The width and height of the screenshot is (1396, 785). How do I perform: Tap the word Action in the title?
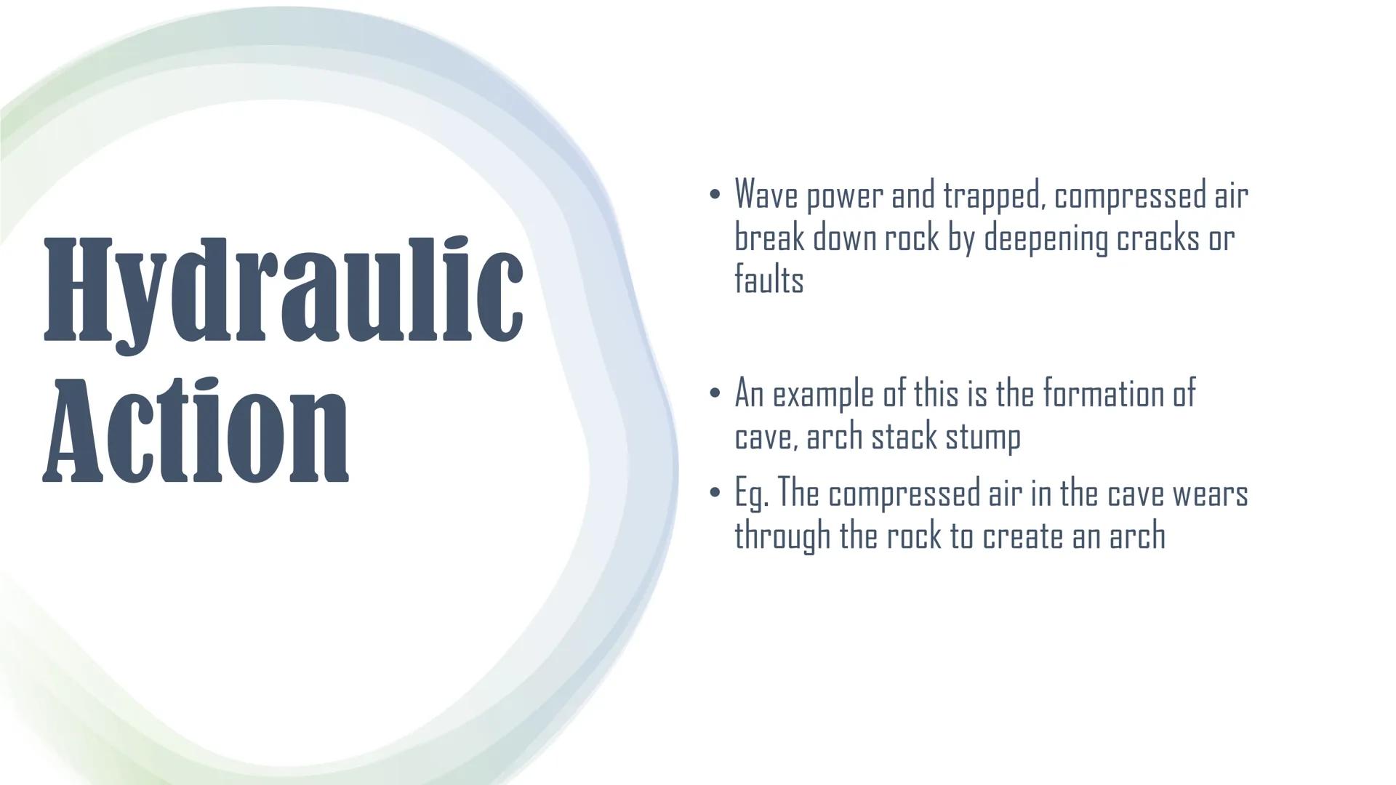[x=196, y=431]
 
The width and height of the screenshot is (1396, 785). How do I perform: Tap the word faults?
[x=769, y=279]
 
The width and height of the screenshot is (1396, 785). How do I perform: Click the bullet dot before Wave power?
[x=715, y=195]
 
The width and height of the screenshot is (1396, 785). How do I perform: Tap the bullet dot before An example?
[x=715, y=394]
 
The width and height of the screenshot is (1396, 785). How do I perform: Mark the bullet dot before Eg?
[x=715, y=494]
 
